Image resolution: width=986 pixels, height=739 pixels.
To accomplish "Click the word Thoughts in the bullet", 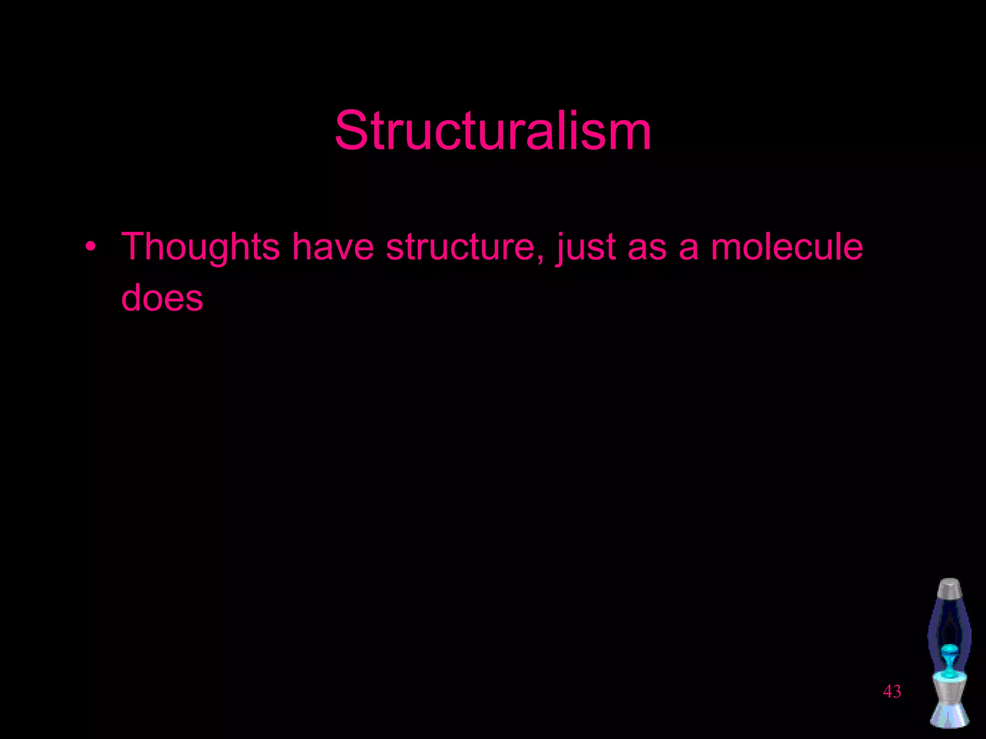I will [200, 247].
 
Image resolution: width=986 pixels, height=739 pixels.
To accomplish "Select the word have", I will [333, 247].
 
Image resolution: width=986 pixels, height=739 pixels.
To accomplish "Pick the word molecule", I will [787, 247].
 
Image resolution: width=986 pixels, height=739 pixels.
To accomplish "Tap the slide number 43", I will [892, 691].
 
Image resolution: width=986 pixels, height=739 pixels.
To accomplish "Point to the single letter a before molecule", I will [688, 248].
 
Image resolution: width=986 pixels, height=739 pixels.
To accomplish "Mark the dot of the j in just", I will [562, 234].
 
